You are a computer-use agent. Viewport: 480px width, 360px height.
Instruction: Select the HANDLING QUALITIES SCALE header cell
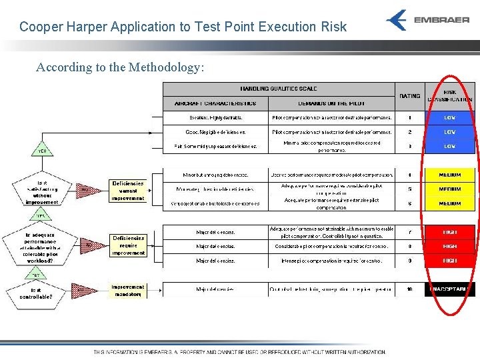pos(279,89)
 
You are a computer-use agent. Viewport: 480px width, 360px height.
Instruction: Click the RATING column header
pos(409,96)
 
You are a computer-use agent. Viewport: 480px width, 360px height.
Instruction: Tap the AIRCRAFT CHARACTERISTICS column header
pos(215,103)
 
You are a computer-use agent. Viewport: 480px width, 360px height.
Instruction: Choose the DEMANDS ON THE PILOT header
pos(331,103)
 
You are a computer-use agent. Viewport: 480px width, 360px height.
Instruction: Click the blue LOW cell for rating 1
pos(450,117)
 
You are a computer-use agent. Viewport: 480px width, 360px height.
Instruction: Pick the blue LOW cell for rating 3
pos(450,146)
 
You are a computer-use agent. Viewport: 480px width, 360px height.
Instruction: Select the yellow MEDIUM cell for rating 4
pos(450,175)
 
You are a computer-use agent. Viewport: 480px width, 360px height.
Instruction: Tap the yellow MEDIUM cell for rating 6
pos(450,203)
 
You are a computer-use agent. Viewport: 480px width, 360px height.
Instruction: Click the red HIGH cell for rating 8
pos(450,246)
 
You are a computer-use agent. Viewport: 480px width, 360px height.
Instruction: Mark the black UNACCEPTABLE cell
pos(450,289)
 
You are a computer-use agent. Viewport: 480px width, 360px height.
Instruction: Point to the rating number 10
pos(409,289)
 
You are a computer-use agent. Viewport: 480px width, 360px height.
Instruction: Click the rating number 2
pos(409,132)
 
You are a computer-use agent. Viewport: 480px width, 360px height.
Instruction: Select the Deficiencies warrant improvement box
pos(128,191)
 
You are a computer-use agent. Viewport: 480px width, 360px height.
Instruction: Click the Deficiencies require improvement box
pos(128,245)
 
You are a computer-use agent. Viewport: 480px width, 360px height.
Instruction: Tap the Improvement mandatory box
pos(128,290)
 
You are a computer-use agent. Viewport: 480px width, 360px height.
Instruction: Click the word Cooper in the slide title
pos(39,27)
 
